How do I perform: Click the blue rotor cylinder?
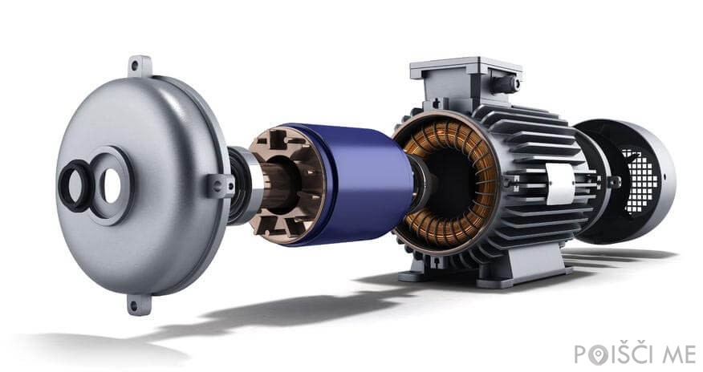359,184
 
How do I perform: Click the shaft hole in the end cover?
112,185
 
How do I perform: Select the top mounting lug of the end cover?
140,67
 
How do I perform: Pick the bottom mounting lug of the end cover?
139,305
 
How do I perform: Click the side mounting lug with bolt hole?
220,186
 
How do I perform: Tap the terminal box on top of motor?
466,82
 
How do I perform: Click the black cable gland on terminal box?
505,83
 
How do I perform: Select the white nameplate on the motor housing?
560,184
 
